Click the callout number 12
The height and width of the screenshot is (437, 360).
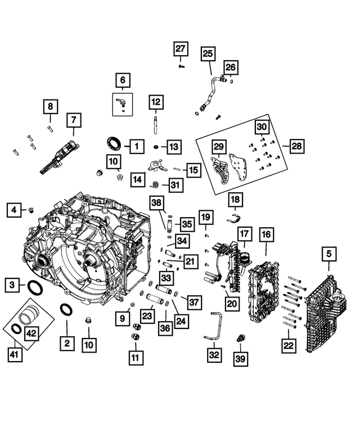(x=156, y=102)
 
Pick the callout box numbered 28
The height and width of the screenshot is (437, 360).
(x=296, y=146)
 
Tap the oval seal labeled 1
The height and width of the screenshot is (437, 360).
(x=112, y=142)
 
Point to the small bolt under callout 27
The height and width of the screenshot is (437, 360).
(x=180, y=66)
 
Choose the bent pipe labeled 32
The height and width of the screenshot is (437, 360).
(x=210, y=327)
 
